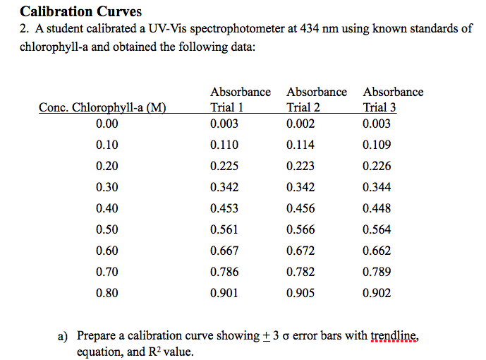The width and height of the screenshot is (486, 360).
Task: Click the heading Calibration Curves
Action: [81, 11]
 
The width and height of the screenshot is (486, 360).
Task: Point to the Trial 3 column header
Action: [379, 108]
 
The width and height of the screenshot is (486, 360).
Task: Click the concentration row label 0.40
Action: [107, 208]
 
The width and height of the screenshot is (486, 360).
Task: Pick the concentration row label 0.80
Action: [107, 293]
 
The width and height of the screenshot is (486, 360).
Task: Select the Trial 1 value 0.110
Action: [224, 145]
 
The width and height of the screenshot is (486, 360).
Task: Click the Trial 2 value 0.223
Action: [300, 166]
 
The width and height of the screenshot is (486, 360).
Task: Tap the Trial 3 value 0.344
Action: [377, 187]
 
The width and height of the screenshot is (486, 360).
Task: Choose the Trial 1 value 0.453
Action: [224, 208]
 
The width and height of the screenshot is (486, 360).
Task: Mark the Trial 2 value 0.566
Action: [300, 229]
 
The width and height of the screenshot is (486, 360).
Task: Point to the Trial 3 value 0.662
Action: [377, 251]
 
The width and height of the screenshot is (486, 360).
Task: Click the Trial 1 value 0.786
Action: [224, 272]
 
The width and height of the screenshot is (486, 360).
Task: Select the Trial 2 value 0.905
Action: [300, 293]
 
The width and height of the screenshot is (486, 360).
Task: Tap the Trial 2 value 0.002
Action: [300, 124]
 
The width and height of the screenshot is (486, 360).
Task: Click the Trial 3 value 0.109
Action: [377, 145]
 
